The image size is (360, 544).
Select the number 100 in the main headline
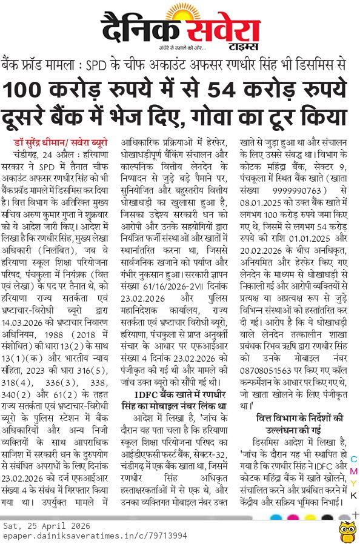point(24,90)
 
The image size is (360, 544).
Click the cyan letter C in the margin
point(354,460)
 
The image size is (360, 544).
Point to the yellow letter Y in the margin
point(354,483)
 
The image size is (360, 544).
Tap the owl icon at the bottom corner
point(347,530)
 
